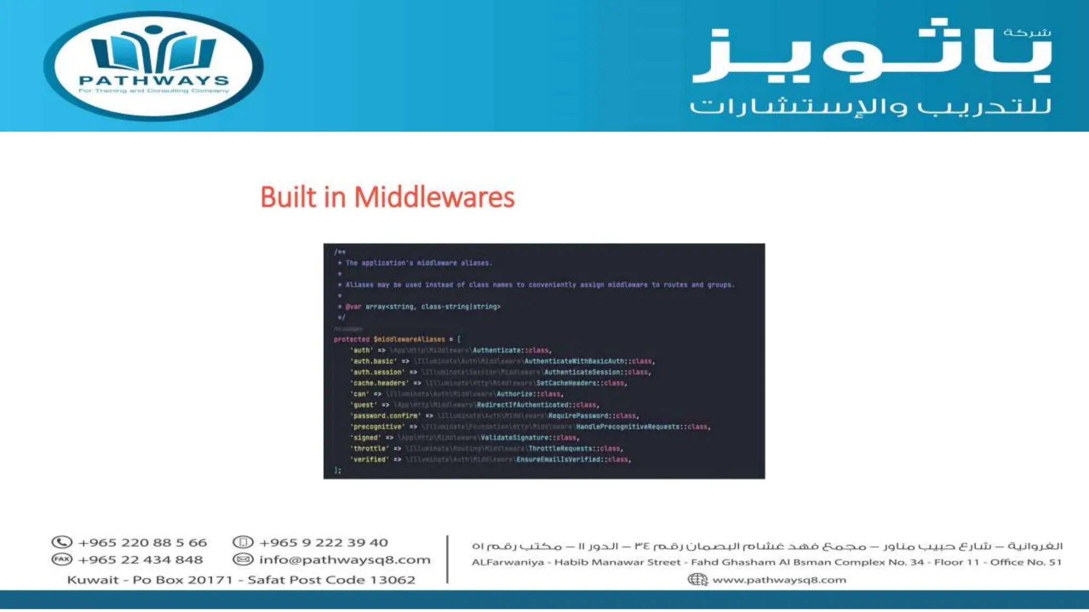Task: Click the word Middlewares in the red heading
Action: click(434, 198)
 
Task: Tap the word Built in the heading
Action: click(288, 198)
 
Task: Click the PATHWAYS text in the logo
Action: click(154, 81)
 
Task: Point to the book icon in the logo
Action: click(154, 50)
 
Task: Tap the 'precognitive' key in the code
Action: click(378, 427)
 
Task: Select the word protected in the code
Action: click(351, 339)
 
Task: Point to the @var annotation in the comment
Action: click(353, 307)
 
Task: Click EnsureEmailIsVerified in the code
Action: click(558, 460)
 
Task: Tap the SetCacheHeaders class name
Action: click(566, 383)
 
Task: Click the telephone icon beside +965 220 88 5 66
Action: click(62, 542)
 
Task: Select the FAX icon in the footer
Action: click(62, 559)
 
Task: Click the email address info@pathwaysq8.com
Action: click(345, 560)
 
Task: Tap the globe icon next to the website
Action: click(697, 580)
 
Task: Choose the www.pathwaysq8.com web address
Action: click(779, 580)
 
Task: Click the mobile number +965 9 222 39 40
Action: click(323, 543)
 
